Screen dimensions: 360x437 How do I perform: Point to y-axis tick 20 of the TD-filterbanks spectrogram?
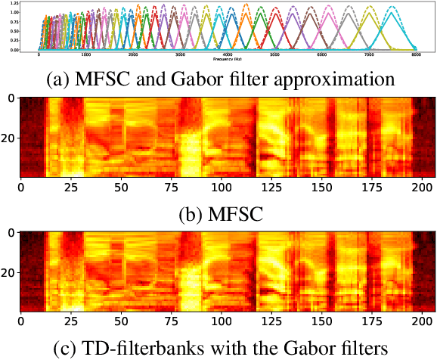click(10, 273)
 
